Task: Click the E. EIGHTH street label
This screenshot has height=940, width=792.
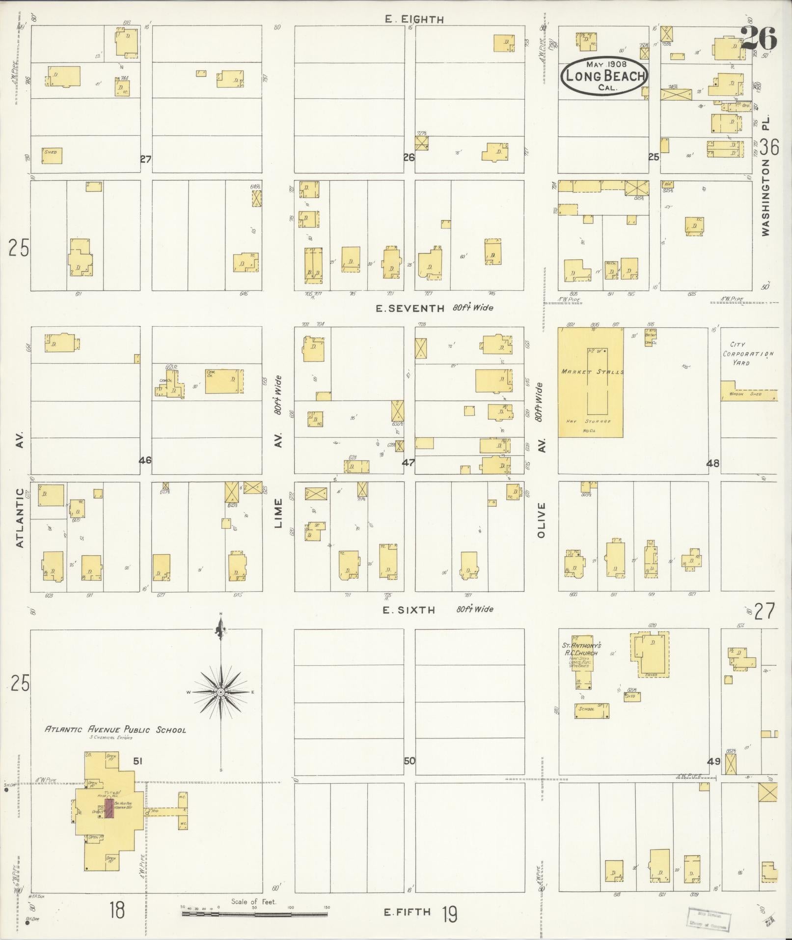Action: (414, 20)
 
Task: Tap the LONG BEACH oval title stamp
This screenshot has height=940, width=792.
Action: (604, 76)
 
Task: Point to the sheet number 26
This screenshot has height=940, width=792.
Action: (759, 38)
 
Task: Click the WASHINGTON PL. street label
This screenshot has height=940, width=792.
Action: (766, 177)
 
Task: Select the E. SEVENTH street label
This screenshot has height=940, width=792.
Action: (410, 309)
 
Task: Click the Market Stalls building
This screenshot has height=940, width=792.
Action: (590, 382)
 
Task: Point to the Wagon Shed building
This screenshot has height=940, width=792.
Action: (748, 394)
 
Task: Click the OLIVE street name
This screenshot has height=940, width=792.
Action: (542, 520)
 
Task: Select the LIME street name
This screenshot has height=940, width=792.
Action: (279, 513)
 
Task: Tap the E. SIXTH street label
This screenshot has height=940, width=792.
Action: (410, 610)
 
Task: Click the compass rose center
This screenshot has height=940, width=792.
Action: (221, 692)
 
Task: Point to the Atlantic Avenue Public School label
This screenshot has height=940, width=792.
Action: (116, 730)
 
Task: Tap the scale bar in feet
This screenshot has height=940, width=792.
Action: (255, 914)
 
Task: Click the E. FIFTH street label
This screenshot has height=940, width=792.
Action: (408, 912)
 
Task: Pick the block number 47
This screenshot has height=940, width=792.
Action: (409, 462)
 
